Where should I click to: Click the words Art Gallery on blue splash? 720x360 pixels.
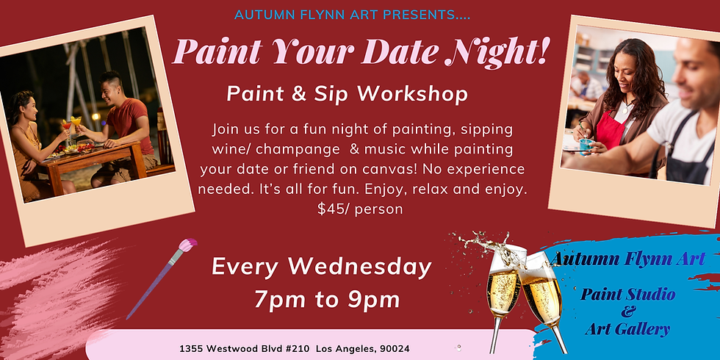[628, 329]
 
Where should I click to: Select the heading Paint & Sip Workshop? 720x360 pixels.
[348, 94]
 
